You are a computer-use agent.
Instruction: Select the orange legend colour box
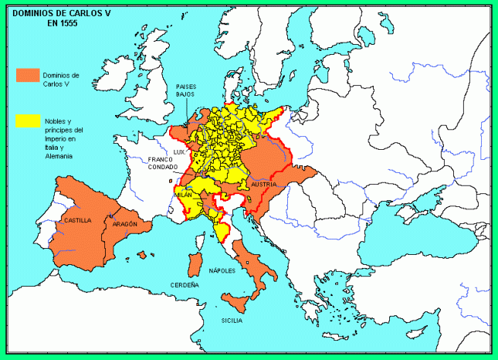pos(28,75)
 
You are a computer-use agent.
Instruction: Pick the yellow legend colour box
pos(28,121)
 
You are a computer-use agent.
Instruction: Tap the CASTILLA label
pos(78,220)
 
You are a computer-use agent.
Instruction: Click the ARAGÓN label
pos(124,223)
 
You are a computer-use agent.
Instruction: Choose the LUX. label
pos(180,152)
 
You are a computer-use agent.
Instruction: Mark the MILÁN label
pos(183,195)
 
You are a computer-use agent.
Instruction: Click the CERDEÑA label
pos(185,285)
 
